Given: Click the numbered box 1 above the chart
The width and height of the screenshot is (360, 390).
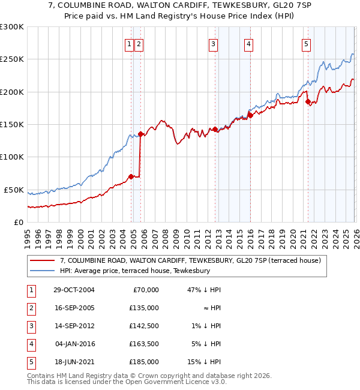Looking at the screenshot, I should (x=129, y=43).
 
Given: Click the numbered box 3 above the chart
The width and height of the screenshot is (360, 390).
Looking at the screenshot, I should (x=213, y=43).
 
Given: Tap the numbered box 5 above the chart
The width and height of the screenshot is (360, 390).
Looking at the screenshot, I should (x=306, y=43).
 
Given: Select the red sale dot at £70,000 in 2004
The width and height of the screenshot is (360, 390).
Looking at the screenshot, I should (x=131, y=176).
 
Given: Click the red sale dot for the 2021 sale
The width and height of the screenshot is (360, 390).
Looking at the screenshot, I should (x=308, y=102).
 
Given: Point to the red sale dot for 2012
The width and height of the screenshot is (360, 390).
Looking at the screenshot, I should (x=215, y=129).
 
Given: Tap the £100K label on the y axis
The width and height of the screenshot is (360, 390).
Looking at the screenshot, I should (x=12, y=157).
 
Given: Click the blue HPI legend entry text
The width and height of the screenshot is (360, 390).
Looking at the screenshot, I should (x=135, y=271).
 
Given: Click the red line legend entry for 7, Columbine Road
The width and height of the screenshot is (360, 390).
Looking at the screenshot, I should (x=191, y=260).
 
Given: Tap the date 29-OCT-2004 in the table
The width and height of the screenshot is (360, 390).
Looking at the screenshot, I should (x=73, y=290).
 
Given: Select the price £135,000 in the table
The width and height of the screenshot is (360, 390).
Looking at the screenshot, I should (x=144, y=308).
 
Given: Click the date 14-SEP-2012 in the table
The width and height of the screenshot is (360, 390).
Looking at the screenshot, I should (x=73, y=326).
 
